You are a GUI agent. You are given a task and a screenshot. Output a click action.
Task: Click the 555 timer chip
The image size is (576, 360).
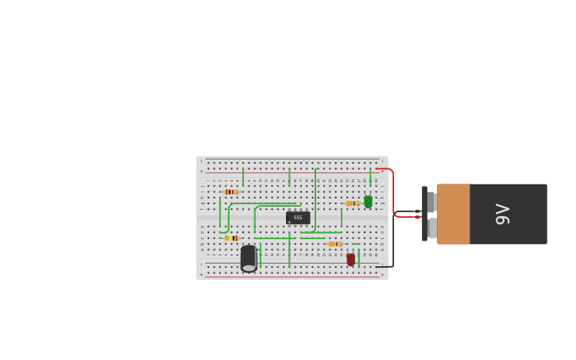click(x=298, y=217)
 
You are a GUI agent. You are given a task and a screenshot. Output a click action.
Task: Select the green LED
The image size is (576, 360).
click(x=368, y=202)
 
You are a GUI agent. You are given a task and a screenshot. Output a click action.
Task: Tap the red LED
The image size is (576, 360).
click(x=351, y=259)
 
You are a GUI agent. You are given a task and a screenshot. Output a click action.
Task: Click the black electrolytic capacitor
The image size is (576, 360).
click(x=249, y=258)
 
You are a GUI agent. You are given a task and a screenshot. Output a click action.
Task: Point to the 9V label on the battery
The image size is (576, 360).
click(x=502, y=214)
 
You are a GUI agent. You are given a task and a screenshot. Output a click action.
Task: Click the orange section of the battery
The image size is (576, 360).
click(x=454, y=214)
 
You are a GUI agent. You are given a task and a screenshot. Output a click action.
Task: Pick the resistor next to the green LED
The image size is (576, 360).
click(x=352, y=203)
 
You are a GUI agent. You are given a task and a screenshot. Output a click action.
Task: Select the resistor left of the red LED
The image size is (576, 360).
click(x=335, y=244)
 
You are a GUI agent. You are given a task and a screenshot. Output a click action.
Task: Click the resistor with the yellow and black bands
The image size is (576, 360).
click(x=231, y=238)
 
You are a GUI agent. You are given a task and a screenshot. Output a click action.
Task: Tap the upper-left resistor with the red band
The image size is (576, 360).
click(x=230, y=192)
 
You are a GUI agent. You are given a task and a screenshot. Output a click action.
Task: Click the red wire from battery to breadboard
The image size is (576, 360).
click(x=392, y=191)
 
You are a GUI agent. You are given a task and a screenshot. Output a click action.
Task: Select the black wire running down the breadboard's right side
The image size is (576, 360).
click(x=392, y=242)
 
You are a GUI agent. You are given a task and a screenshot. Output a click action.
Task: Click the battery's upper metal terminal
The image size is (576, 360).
click(x=431, y=202)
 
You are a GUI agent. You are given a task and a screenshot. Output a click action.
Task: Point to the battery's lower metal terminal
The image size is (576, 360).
click(x=432, y=228)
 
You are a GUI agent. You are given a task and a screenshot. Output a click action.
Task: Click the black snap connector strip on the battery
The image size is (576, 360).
click(x=424, y=214)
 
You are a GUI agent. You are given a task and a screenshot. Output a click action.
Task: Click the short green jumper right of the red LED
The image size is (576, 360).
click(x=359, y=257)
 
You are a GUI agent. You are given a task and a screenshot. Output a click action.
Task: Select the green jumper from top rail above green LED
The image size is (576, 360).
click(x=370, y=176)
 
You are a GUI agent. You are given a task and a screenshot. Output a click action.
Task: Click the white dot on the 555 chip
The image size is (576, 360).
click(x=289, y=222)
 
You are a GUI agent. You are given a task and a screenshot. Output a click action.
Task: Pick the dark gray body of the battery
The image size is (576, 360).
click(x=508, y=214)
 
